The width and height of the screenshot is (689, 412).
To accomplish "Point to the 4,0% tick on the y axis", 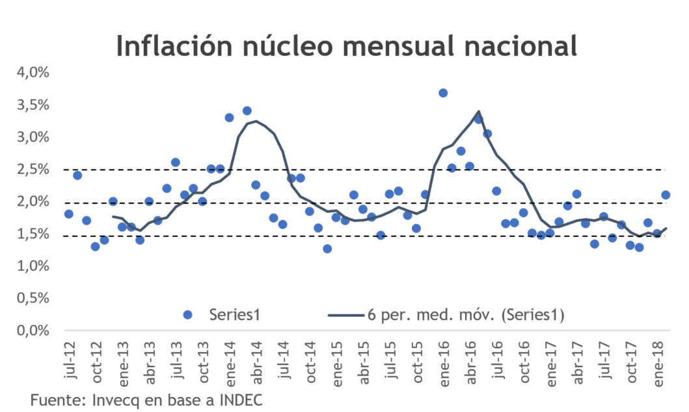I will (33, 72).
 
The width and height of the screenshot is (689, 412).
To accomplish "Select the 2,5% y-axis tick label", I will (33, 169).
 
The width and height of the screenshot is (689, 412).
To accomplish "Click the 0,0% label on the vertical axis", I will (33, 331).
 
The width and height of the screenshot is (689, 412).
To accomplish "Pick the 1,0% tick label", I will (33, 266).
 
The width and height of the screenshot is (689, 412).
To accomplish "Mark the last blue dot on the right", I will (666, 195).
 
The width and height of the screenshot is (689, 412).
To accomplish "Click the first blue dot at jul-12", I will (68, 214).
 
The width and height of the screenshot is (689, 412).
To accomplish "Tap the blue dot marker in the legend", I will (188, 314).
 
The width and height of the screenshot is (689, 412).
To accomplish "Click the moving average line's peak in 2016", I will (479, 111).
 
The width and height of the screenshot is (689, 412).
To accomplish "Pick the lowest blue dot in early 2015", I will (327, 249).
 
